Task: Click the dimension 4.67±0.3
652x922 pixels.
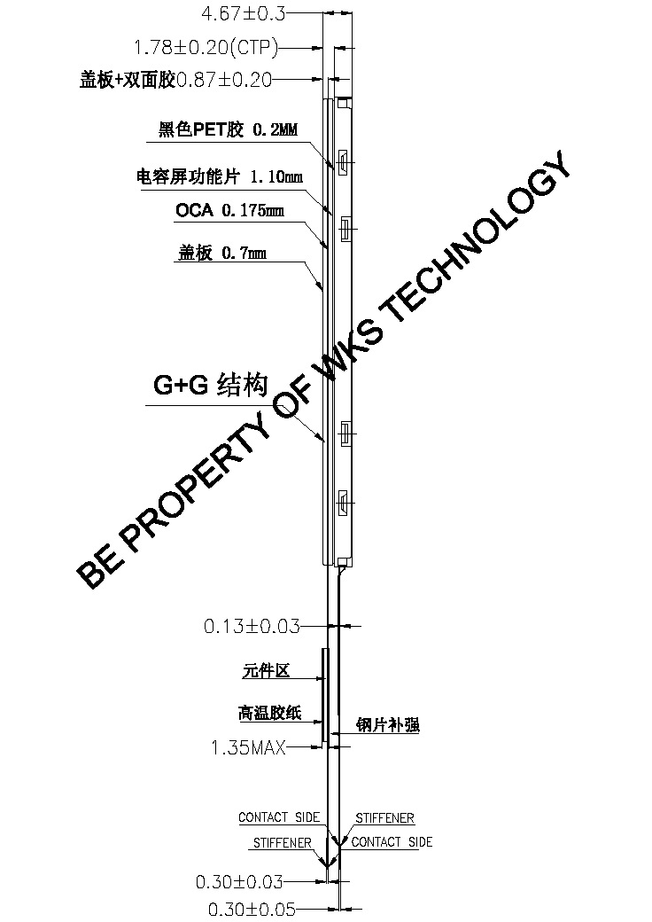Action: pyautogui.click(x=244, y=13)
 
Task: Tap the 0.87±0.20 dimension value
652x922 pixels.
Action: pyautogui.click(x=224, y=80)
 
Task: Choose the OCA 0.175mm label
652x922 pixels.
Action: pyautogui.click(x=229, y=210)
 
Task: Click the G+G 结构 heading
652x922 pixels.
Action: pyautogui.click(x=210, y=386)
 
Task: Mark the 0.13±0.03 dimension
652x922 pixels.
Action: pyautogui.click(x=252, y=626)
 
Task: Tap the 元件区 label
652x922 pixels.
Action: pyautogui.click(x=266, y=671)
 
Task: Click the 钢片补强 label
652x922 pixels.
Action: pyautogui.click(x=387, y=724)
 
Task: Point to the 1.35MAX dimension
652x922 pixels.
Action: pyautogui.click(x=248, y=748)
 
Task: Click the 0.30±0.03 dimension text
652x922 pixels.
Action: pyautogui.click(x=238, y=881)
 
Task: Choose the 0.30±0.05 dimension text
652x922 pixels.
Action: pyautogui.click(x=251, y=909)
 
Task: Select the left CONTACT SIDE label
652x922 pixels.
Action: pyautogui.click(x=278, y=817)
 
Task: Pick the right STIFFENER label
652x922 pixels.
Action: pyautogui.click(x=384, y=817)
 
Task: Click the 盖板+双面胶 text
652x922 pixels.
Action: pyautogui.click(x=128, y=80)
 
